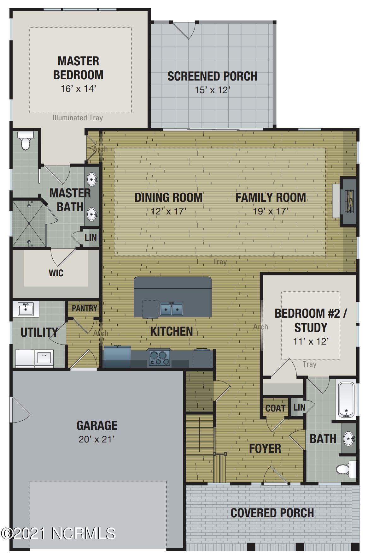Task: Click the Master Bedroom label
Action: [x=78, y=68]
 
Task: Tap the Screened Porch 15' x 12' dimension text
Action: [x=212, y=90]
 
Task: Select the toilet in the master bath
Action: [x=25, y=141]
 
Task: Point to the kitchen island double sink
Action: [x=171, y=309]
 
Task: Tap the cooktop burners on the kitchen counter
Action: [x=159, y=358]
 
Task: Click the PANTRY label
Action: [x=85, y=308]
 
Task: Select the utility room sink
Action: [x=26, y=309]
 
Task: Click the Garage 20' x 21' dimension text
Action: [x=96, y=439]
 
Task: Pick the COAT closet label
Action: [x=275, y=408]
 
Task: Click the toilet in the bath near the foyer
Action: [x=346, y=469]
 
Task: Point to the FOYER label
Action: [x=265, y=448]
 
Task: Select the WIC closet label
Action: [x=56, y=273]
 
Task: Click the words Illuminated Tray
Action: [x=78, y=118]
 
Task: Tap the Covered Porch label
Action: [x=272, y=513]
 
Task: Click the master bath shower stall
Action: [x=29, y=223]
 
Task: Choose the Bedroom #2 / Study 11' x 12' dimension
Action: [x=311, y=341]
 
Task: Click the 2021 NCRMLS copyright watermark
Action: [x=58, y=533]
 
